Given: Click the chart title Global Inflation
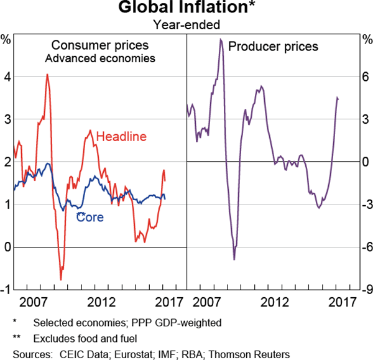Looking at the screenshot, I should coord(186,9).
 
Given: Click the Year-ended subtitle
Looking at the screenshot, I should coord(186,25).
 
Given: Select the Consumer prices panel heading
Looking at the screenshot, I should coord(100,45).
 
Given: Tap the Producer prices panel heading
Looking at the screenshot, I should coord(274,46).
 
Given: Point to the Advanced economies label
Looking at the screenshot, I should coord(100,59).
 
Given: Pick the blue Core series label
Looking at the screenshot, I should coord(90,218).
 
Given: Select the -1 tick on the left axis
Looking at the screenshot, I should coord(5,290).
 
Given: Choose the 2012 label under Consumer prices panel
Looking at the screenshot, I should coord(100,302).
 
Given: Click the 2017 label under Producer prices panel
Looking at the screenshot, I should coord(341,302).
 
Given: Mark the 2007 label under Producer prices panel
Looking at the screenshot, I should coord(210,302).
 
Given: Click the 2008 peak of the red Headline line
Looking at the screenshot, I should coord(47,75).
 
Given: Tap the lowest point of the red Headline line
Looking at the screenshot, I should coord(61,280).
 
